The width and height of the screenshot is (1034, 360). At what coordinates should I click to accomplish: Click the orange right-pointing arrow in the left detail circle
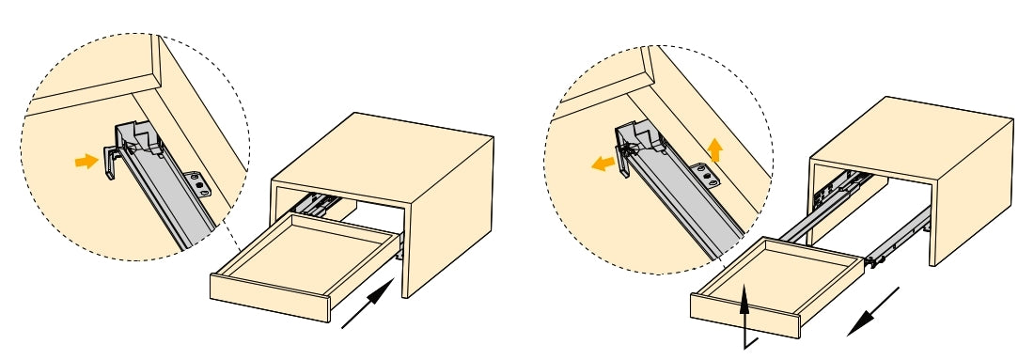point(86,162)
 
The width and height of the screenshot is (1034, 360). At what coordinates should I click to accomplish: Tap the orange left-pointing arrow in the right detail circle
point(603,164)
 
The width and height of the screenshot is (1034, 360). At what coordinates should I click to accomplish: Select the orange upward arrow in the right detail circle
point(714,149)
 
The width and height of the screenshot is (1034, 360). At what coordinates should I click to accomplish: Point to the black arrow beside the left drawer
point(368,305)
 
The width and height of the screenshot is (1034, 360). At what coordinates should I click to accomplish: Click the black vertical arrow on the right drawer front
point(745,314)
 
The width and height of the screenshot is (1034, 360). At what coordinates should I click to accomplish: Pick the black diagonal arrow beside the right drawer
point(871,312)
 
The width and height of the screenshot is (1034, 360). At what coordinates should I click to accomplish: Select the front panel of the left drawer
point(268,297)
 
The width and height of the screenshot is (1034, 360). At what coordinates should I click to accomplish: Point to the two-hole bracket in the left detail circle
point(200,183)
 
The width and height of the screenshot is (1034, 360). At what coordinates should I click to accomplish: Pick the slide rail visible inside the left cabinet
point(316,203)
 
